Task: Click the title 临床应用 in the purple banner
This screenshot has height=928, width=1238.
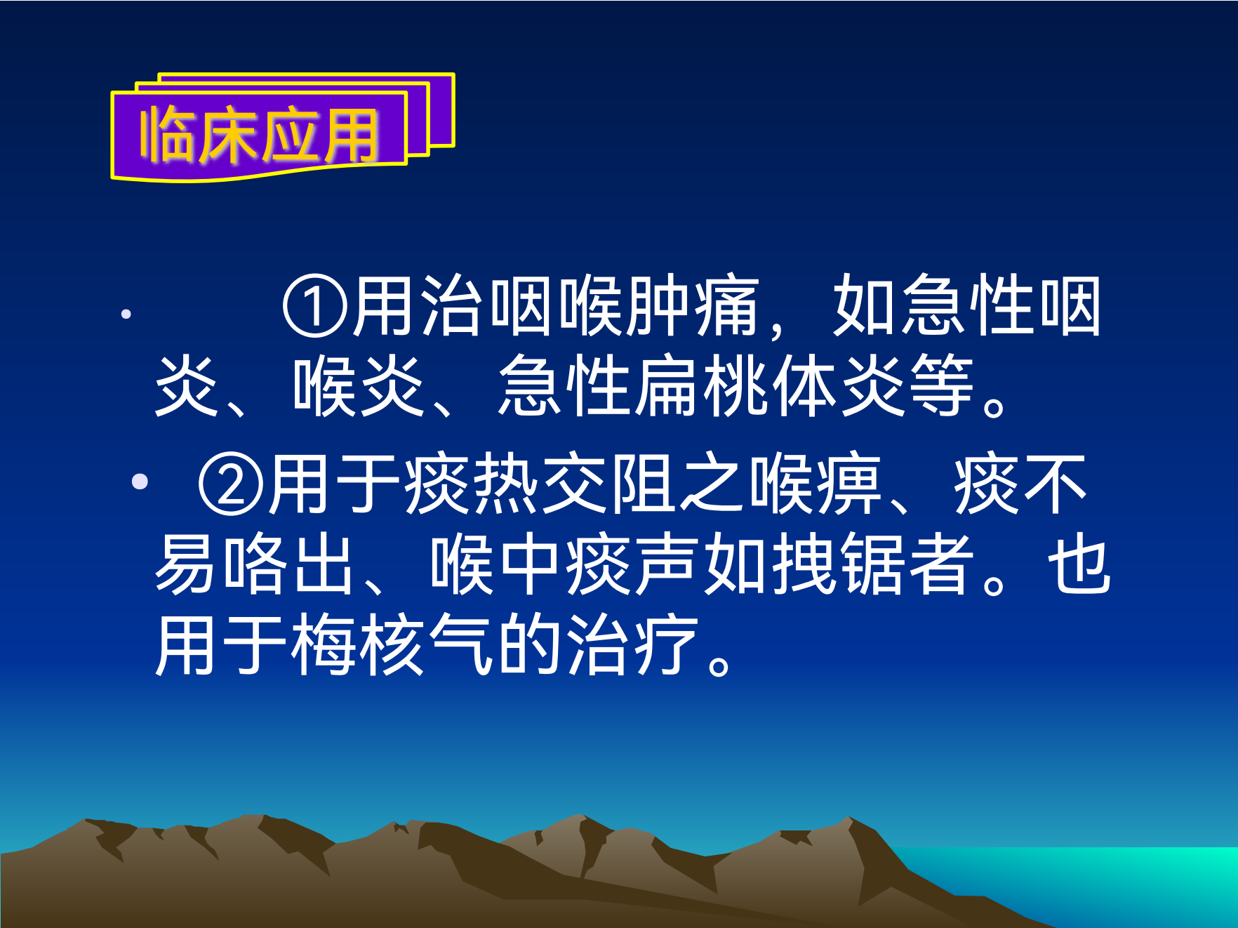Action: click(260, 135)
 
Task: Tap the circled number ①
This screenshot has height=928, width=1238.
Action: click(314, 307)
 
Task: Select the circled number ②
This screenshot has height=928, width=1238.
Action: click(231, 484)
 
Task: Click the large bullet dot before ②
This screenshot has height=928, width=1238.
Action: click(140, 482)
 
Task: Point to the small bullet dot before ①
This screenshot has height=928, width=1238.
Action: click(126, 314)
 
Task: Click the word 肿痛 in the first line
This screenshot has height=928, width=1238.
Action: click(693, 306)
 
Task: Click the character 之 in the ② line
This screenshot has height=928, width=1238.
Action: click(712, 484)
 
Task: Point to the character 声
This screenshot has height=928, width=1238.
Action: click(666, 564)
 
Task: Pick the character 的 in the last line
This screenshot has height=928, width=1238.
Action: click(529, 644)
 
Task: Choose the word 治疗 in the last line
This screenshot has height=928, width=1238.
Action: click(632, 644)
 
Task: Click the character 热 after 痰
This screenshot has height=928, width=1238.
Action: click(505, 484)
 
